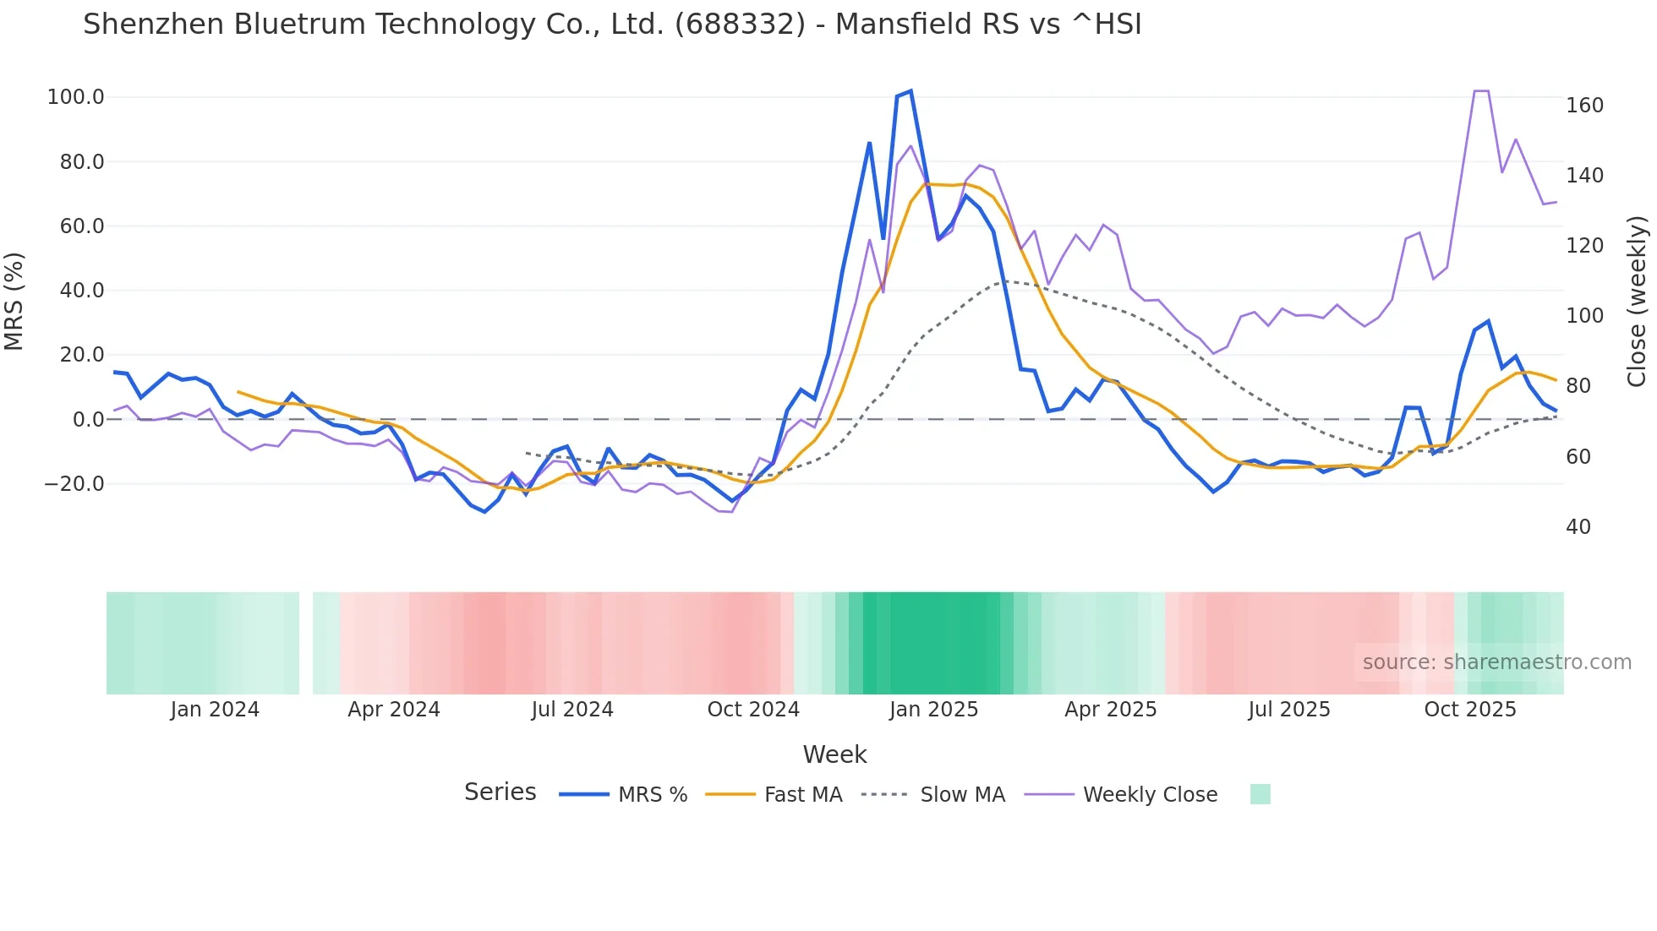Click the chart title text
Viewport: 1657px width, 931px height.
(x=612, y=24)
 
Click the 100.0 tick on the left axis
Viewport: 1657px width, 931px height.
(x=75, y=97)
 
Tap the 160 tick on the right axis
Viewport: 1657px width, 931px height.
(x=1584, y=106)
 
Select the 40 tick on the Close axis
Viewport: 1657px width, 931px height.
(x=1578, y=527)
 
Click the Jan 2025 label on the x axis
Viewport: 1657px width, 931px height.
(x=933, y=710)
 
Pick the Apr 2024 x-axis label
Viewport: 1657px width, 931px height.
(x=394, y=710)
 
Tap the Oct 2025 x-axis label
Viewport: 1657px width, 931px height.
(x=1470, y=710)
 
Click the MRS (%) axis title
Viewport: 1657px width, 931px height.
(x=14, y=301)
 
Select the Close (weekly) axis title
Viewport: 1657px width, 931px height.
(x=1637, y=302)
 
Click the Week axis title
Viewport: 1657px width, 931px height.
(x=834, y=754)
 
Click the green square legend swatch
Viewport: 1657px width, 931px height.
(x=1260, y=794)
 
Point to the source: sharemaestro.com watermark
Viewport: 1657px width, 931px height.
(x=1496, y=662)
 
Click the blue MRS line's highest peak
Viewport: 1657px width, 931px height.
(x=910, y=91)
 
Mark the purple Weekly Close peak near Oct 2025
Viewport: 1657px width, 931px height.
(x=1481, y=91)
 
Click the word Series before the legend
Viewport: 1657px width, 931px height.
(x=500, y=792)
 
